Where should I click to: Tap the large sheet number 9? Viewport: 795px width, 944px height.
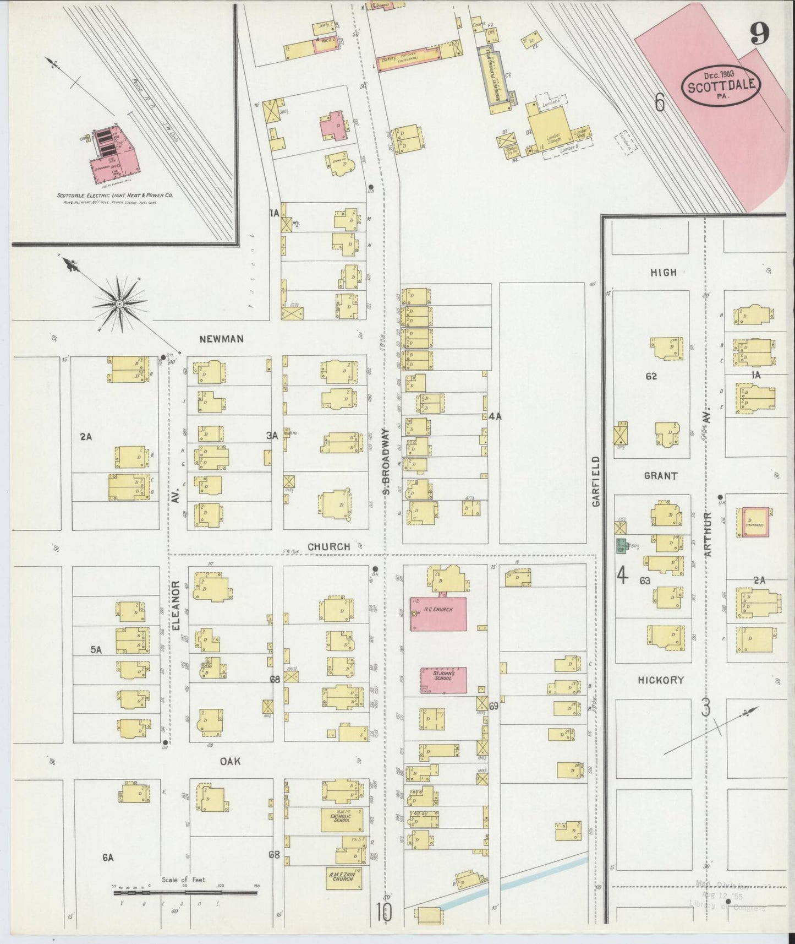(759, 37)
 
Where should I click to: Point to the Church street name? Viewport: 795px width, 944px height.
(328, 546)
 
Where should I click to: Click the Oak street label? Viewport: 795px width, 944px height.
(230, 761)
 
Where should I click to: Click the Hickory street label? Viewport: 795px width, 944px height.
(661, 680)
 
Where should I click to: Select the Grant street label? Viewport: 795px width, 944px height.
(661, 476)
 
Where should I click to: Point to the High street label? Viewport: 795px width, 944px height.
(663, 272)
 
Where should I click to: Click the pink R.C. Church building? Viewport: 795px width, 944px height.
(438, 613)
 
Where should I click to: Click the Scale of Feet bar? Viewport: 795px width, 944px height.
(186, 892)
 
